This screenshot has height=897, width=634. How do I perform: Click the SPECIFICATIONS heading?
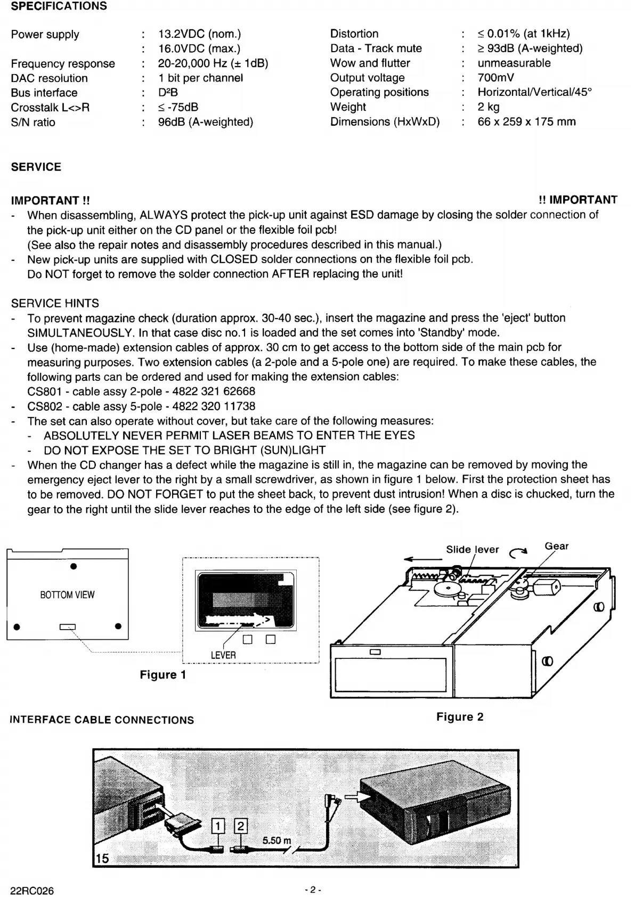tap(59, 6)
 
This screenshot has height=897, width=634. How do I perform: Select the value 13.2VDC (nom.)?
tap(199, 34)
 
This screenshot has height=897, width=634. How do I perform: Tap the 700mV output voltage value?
tap(495, 78)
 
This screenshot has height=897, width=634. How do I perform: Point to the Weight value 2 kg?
tap(489, 107)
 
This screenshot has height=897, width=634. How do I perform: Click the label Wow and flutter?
tap(370, 63)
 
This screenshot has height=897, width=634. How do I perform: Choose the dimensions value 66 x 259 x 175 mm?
tap(526, 122)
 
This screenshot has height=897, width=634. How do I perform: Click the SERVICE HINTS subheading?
tap(55, 303)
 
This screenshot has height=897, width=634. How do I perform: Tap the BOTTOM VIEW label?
tap(67, 595)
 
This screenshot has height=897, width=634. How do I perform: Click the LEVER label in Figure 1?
tap(223, 655)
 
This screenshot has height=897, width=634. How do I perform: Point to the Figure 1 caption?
tap(163, 675)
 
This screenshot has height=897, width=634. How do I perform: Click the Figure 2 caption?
tap(460, 717)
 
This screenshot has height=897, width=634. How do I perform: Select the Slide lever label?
tap(472, 550)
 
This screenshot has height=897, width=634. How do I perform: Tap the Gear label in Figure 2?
tap(556, 546)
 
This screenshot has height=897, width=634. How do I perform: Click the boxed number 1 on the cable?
tap(218, 827)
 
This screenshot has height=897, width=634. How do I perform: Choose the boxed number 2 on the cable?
tap(241, 826)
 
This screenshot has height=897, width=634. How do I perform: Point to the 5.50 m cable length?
tap(277, 841)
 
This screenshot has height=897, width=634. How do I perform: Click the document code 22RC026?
tap(32, 891)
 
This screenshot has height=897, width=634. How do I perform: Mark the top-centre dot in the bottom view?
tap(74, 566)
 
